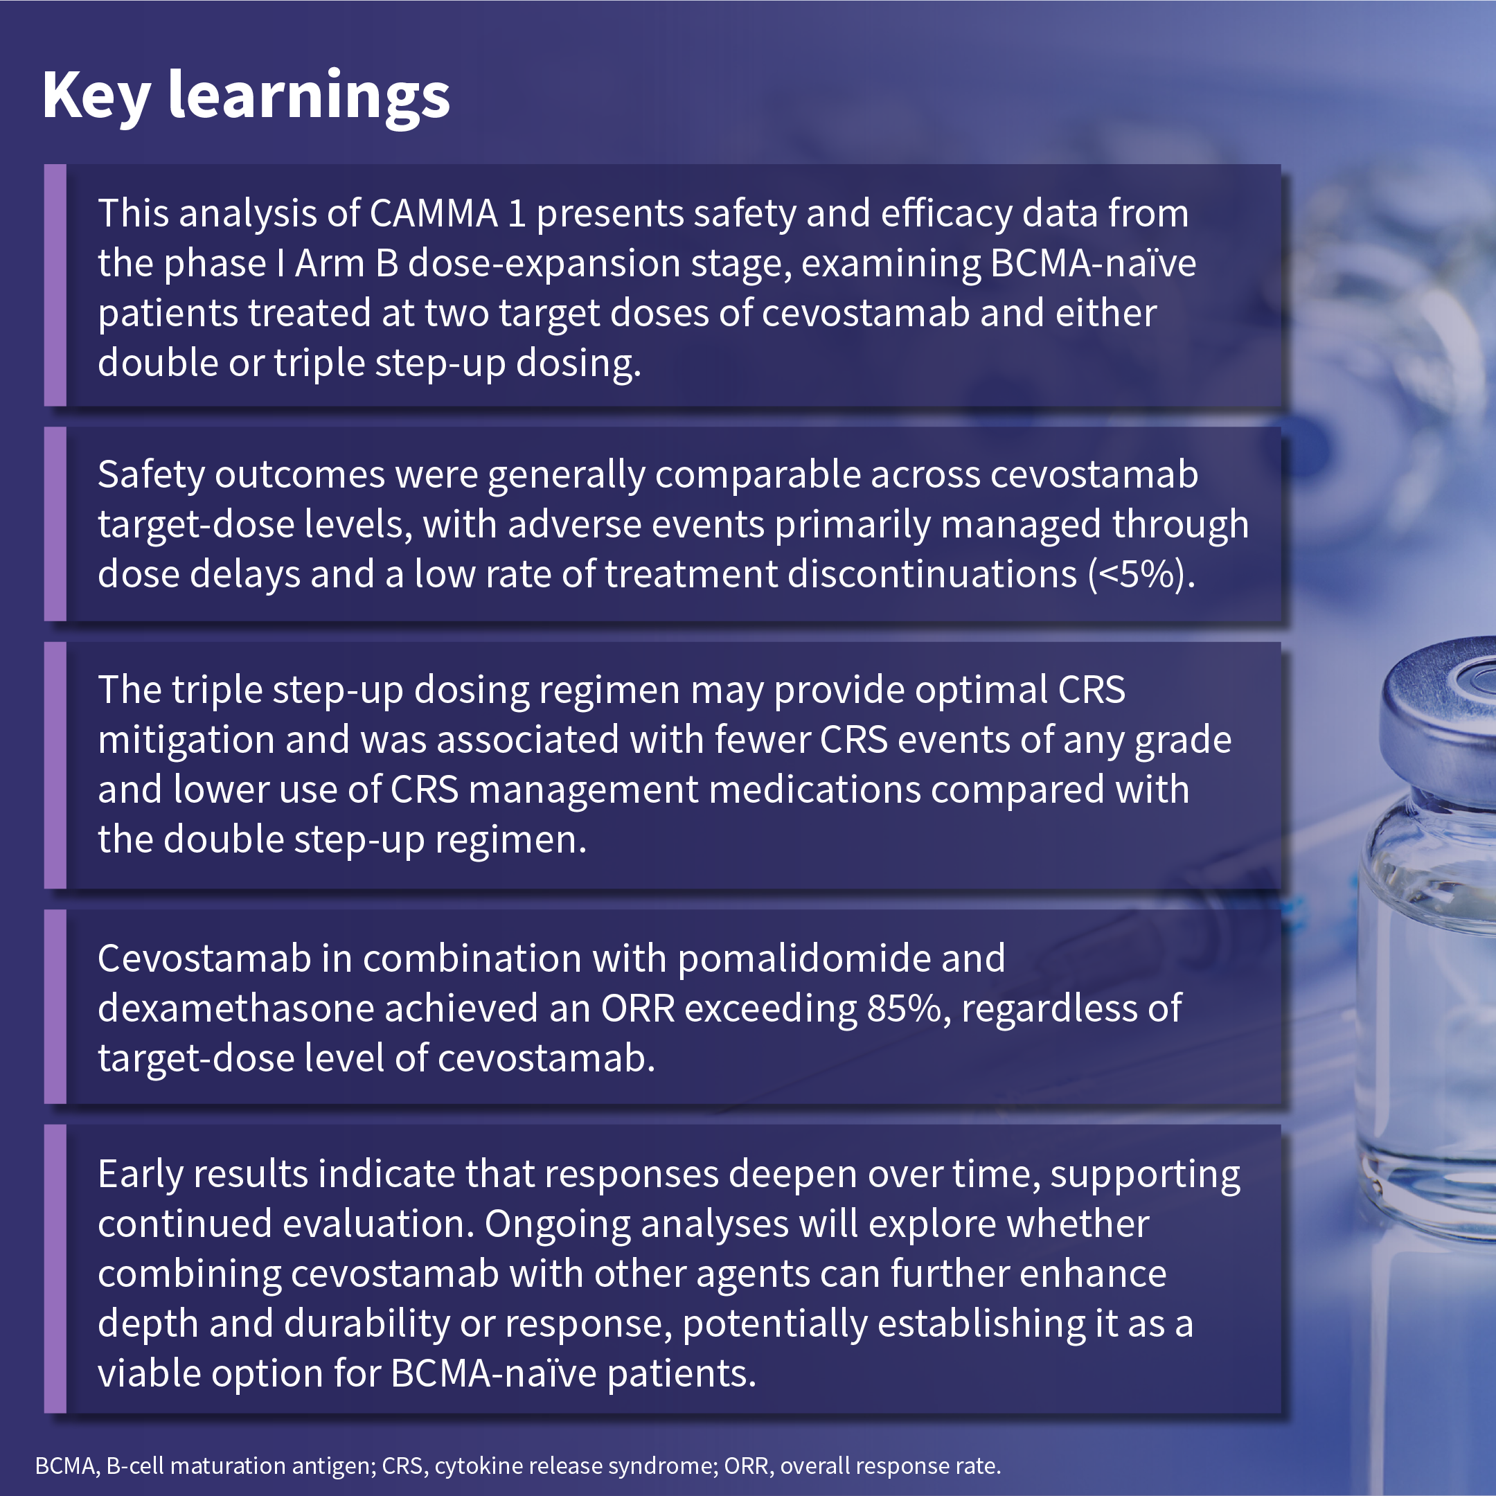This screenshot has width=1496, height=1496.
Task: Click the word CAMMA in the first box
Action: point(434,214)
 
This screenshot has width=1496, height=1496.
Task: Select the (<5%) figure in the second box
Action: point(1141,575)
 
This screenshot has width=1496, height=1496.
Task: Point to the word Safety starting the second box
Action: point(152,475)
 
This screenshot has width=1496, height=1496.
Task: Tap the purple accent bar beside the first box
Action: point(55,285)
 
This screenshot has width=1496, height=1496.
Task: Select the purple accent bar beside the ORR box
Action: point(55,1006)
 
